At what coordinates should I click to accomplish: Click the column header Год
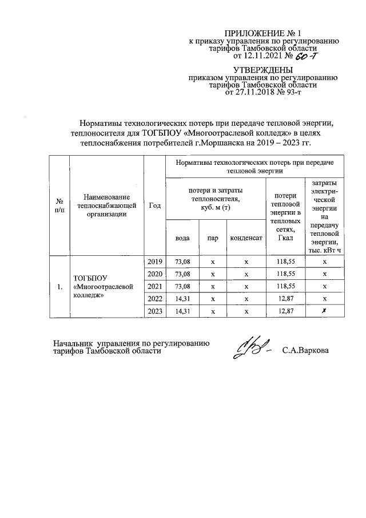coord(154,205)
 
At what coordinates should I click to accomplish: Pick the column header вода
coord(181,238)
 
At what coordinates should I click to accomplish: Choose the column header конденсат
coord(246,238)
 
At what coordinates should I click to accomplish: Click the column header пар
coord(212,238)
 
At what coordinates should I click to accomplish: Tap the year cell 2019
coord(154,262)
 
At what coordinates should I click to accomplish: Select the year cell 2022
coord(154,298)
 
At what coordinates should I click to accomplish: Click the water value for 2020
coord(181,274)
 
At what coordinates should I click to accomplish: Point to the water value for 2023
coord(181,310)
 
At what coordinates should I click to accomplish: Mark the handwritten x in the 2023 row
coord(324,310)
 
